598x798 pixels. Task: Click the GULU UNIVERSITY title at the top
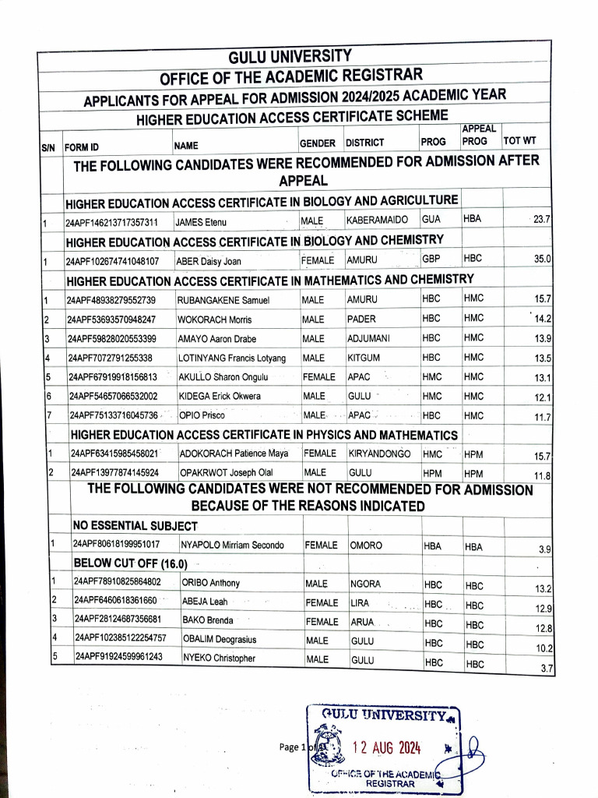tap(290, 57)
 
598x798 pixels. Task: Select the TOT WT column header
tap(519, 141)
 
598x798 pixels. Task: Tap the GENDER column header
tap(318, 144)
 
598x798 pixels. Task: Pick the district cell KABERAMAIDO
tap(378, 221)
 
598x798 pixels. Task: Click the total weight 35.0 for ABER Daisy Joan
tap(542, 260)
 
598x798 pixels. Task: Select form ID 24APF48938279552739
tap(111, 300)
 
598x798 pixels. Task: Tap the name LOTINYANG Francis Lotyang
tap(232, 358)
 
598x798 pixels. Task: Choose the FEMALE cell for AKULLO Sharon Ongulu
tap(318, 377)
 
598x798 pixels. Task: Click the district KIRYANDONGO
tap(379, 453)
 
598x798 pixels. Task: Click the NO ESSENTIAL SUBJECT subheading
tap(135, 526)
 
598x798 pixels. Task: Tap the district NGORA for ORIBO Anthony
tap(366, 583)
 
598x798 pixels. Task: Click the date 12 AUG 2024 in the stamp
tap(387, 748)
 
